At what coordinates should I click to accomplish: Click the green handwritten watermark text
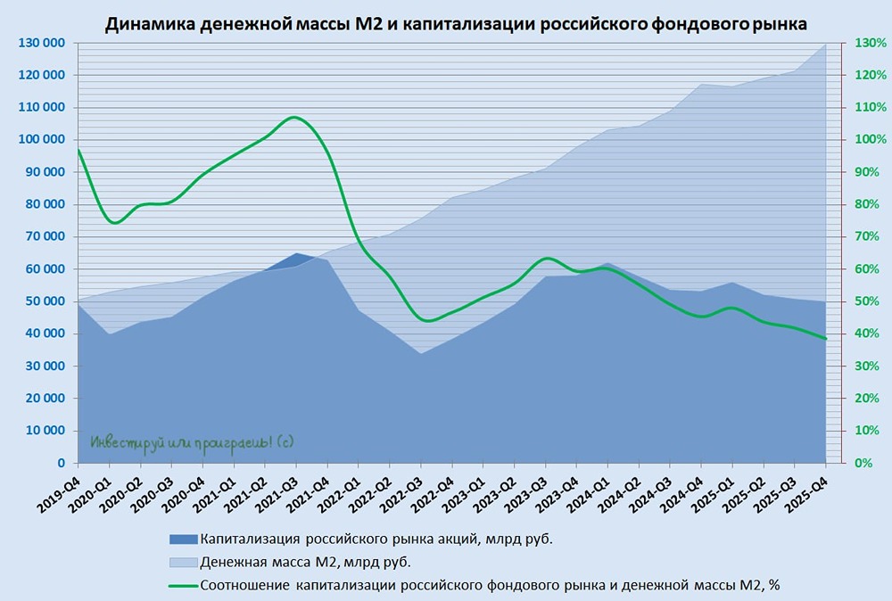(192, 441)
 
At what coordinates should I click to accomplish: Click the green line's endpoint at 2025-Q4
(826, 339)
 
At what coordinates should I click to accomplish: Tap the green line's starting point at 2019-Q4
(78, 149)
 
